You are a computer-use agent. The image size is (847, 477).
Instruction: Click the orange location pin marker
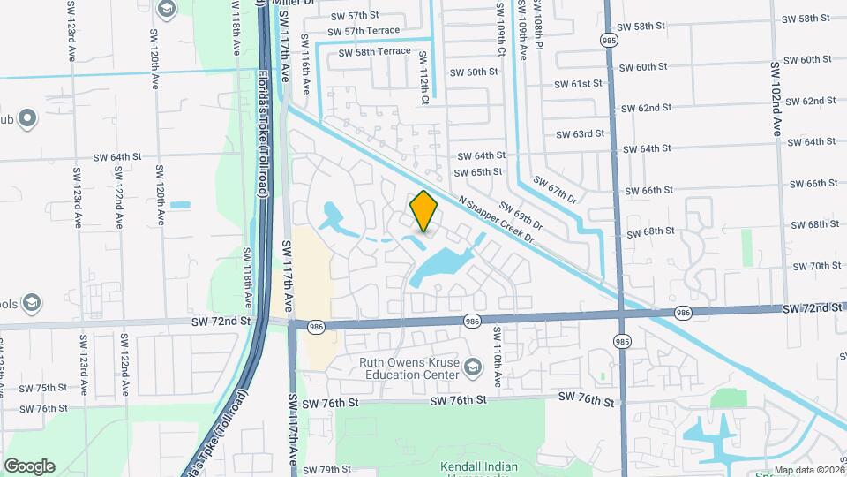click(424, 211)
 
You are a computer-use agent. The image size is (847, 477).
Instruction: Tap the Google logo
click(29, 466)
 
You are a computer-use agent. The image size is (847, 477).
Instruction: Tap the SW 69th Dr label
click(521, 216)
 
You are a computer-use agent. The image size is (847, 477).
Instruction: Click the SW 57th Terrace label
click(371, 31)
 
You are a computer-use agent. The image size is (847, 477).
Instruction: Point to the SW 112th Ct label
click(423, 79)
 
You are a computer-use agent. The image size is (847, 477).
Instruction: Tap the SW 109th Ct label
click(499, 28)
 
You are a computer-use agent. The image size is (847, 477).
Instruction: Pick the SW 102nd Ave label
click(776, 98)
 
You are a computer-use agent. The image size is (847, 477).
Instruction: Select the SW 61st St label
click(578, 84)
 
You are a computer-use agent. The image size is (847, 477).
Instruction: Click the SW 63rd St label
click(581, 134)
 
